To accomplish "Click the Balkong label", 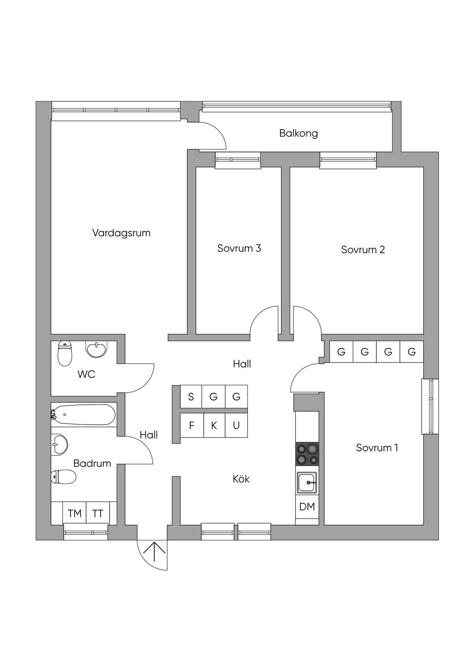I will click(298, 133).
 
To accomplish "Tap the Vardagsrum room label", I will click(121, 233).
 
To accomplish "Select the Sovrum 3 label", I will click(239, 248).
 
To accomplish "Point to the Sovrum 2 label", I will click(363, 250).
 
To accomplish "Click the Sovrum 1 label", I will click(377, 448).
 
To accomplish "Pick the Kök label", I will click(241, 479).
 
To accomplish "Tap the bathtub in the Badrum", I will click(84, 414).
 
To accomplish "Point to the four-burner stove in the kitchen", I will click(307, 454).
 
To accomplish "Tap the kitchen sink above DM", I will click(307, 483).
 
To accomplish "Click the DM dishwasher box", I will click(307, 507).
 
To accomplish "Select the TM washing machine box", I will click(75, 513).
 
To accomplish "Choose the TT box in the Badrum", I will click(97, 513).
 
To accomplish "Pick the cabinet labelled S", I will click(191, 396).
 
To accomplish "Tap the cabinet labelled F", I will click(192, 426).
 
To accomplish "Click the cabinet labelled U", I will click(236, 426).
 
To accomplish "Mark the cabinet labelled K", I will click(214, 426).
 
